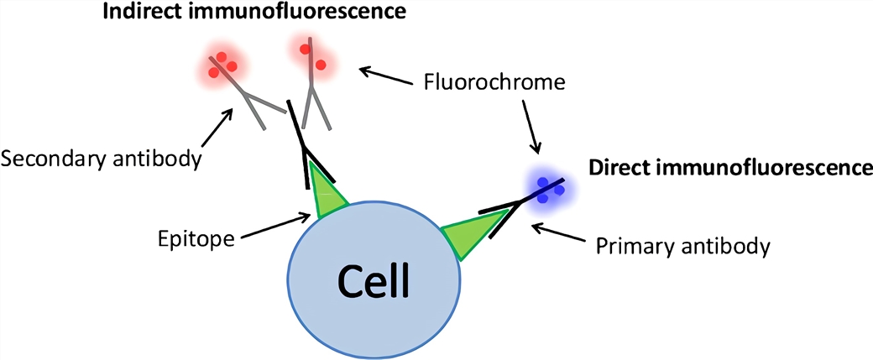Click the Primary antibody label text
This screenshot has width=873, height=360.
coord(682,247)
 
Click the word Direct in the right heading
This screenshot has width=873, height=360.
coord(618,167)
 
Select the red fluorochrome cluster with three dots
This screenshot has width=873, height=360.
coord(222,65)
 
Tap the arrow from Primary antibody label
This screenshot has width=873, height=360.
coord(563,234)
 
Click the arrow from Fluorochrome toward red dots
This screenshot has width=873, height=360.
coord(386,76)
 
